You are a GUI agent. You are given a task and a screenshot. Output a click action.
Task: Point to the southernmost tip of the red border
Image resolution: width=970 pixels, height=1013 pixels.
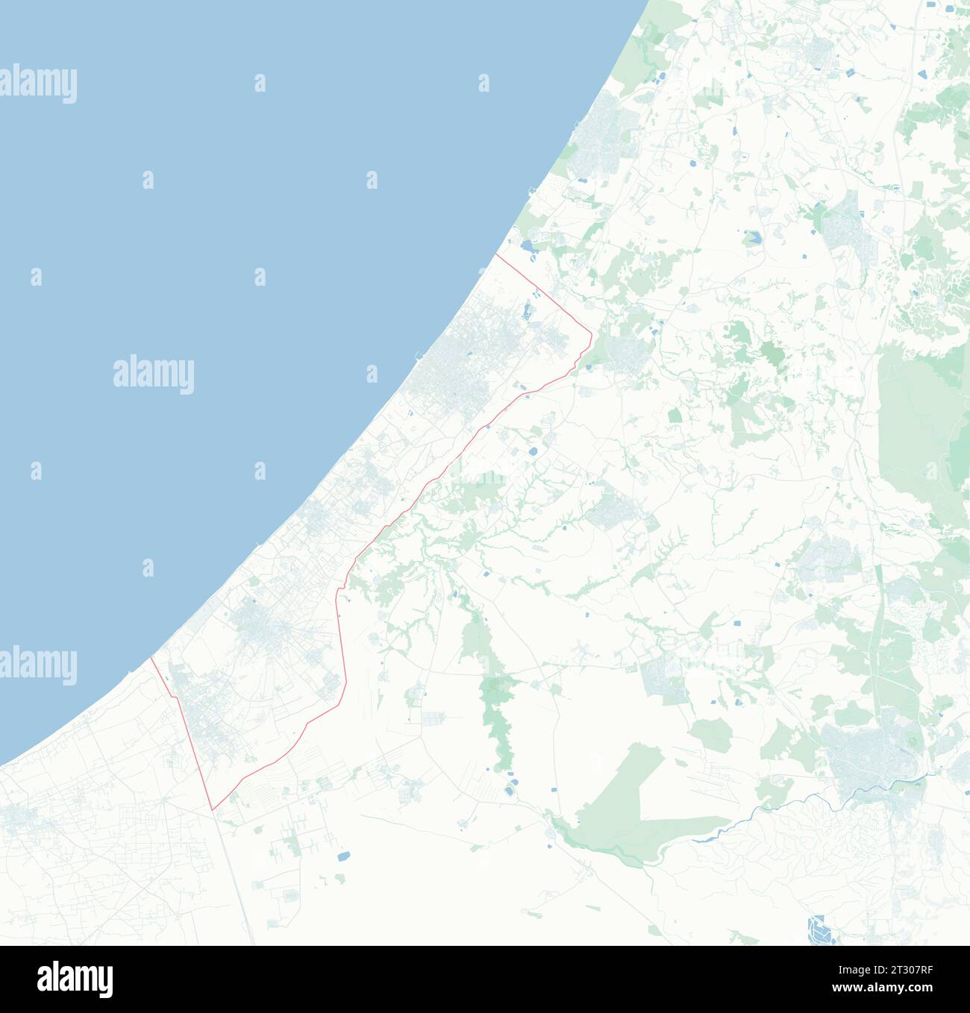click(x=213, y=809)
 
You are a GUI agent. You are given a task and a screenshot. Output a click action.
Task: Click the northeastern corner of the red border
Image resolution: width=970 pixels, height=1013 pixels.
click(x=591, y=333)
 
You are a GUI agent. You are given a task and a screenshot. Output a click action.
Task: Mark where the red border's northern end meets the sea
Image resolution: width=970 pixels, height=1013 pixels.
click(x=495, y=254)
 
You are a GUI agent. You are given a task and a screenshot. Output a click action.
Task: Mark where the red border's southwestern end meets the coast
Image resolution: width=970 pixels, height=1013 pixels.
click(x=151, y=657)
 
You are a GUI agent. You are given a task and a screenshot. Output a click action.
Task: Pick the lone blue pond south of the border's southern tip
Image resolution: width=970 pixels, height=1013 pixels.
click(x=342, y=856)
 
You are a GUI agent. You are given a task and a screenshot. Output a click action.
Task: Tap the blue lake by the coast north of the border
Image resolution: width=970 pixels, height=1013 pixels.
click(x=527, y=245)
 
